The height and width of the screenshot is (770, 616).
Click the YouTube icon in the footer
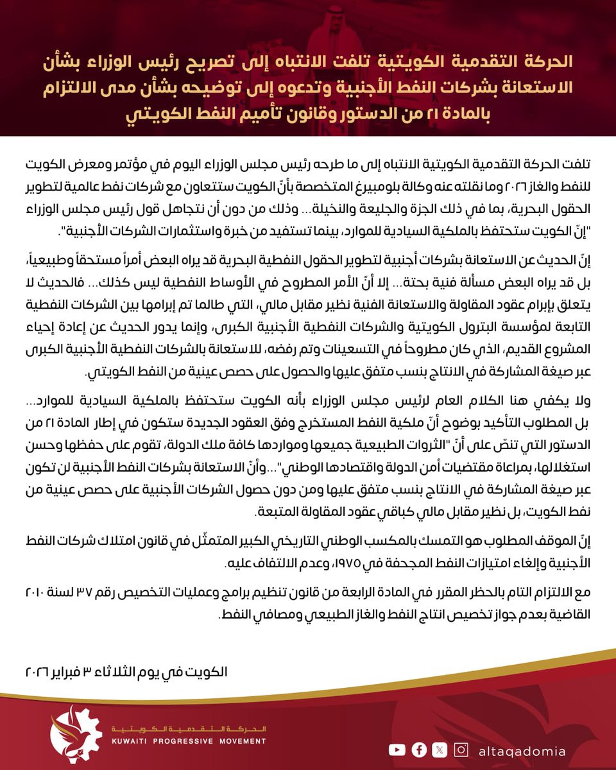tap(397, 749)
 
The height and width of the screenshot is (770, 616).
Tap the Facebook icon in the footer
tap(419, 749)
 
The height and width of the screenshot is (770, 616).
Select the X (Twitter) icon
tap(440, 749)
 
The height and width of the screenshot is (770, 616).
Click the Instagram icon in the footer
tap(461, 749)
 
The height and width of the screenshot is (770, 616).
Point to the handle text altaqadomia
tap(522, 750)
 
